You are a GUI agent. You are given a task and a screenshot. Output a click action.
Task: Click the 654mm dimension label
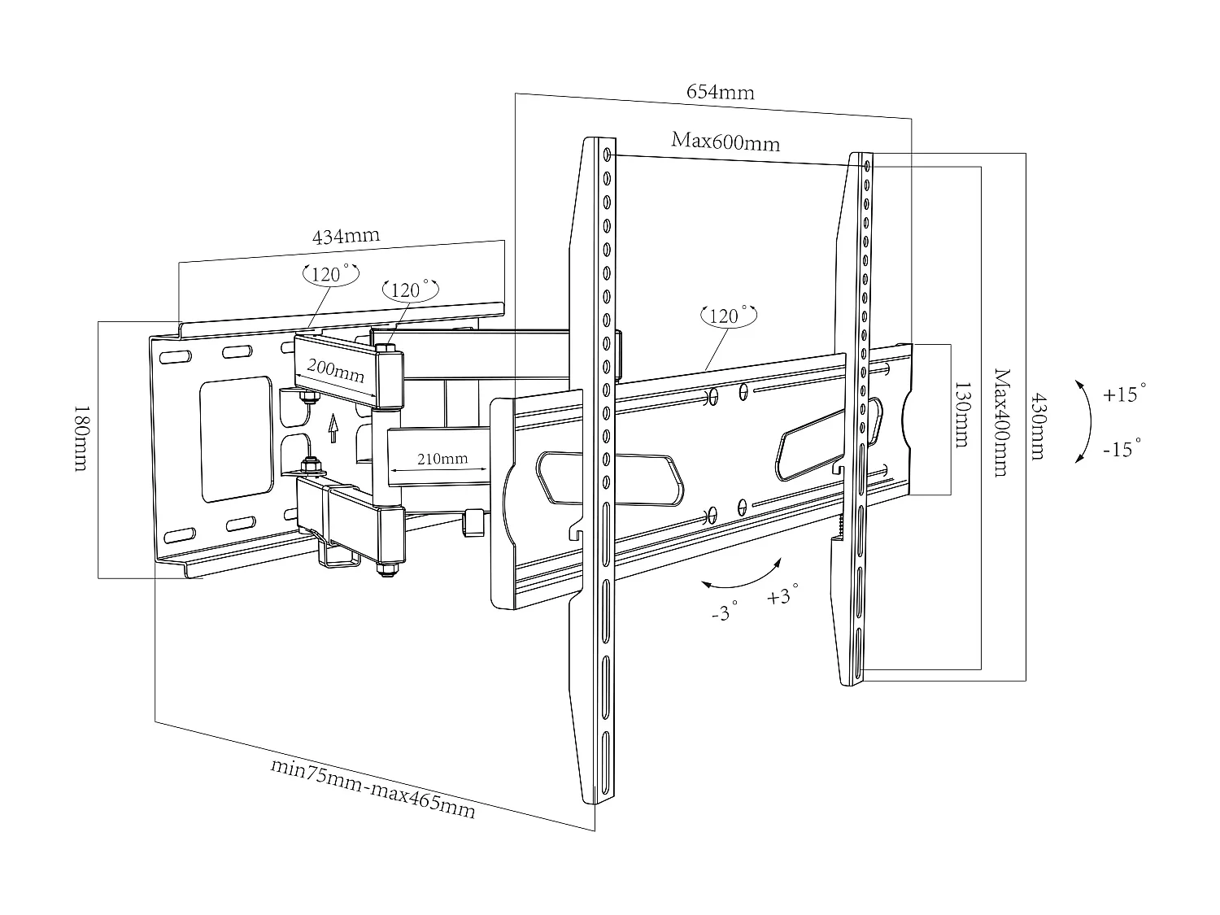coord(720,91)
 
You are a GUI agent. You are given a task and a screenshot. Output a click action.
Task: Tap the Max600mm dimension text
coord(725,142)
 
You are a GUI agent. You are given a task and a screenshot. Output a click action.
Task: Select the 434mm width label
coord(346,237)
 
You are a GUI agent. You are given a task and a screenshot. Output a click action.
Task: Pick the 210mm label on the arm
coord(442,459)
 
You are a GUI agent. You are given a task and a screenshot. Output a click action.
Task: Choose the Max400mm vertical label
coord(1000,422)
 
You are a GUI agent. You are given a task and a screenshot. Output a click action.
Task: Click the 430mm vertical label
coord(1037,427)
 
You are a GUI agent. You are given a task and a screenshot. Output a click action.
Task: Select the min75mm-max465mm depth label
coord(373,788)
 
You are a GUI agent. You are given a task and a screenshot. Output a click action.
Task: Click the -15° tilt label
coord(1122,448)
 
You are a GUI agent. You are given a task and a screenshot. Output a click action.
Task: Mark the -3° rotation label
coord(724,612)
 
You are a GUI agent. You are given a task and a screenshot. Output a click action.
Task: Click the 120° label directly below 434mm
coord(329,274)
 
